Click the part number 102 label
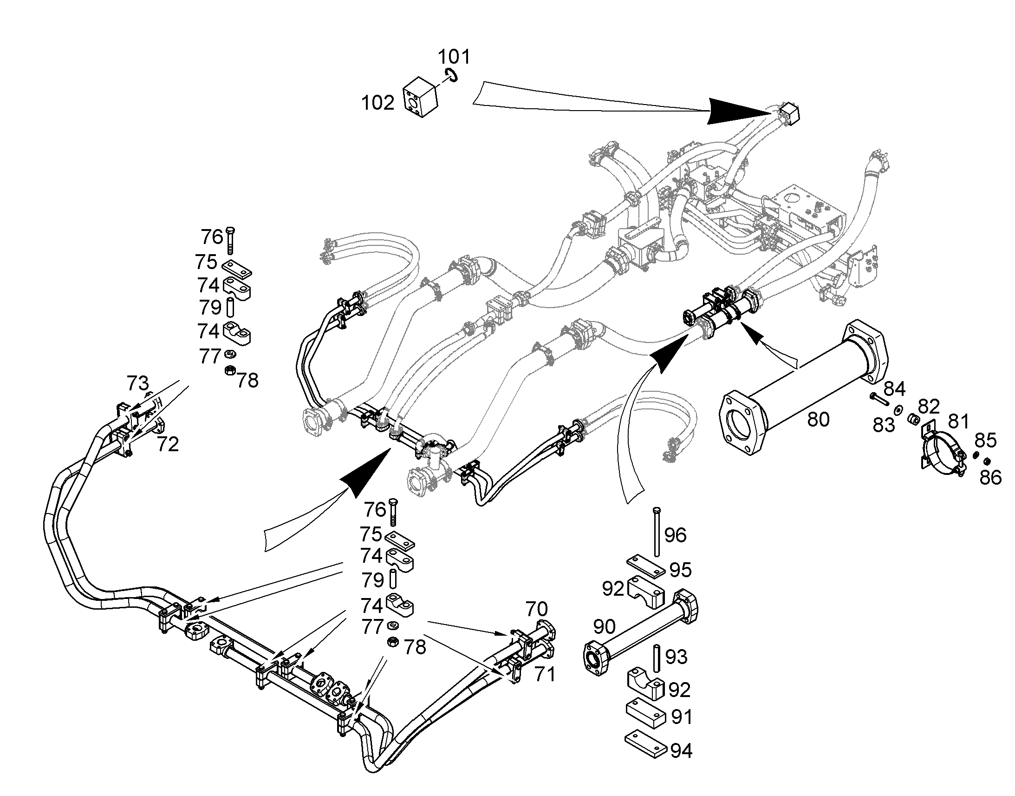[x=377, y=103]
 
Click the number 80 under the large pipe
[x=818, y=420]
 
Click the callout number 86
[x=990, y=477]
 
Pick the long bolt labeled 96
[x=657, y=531]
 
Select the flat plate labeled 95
[x=645, y=566]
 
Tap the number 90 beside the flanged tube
[x=605, y=627]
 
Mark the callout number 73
[x=137, y=383]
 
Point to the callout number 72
[x=168, y=445]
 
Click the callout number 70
[x=536, y=609]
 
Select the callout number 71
[x=545, y=674]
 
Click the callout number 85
[x=986, y=441]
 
